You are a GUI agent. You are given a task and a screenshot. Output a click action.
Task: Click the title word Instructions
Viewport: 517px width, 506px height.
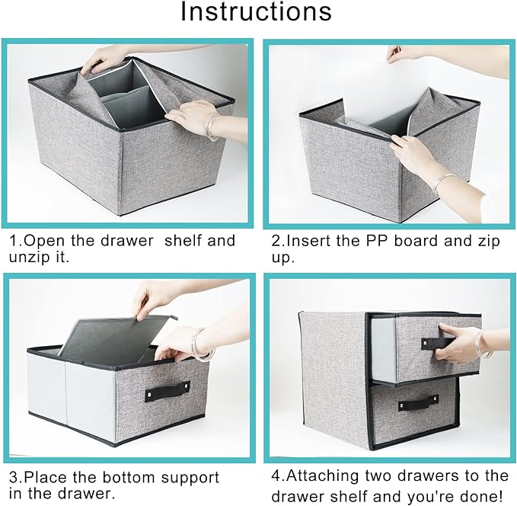(x=256, y=12)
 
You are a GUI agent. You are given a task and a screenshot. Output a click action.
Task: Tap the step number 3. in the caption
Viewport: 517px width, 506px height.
(x=16, y=477)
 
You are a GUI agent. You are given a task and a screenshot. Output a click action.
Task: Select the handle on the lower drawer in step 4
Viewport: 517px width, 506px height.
(x=418, y=402)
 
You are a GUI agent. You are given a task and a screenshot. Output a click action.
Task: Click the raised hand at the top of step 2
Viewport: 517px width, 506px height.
(x=397, y=53)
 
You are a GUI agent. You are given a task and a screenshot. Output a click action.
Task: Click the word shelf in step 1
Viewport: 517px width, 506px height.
(x=182, y=241)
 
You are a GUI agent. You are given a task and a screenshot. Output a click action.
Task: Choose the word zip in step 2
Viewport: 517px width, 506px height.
(x=490, y=242)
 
